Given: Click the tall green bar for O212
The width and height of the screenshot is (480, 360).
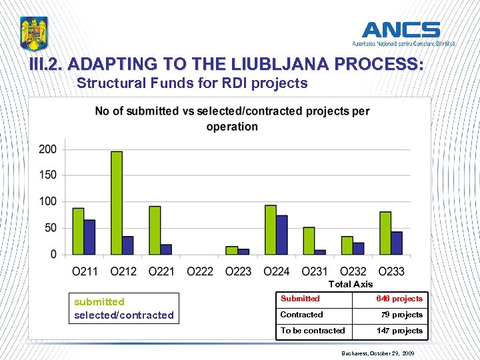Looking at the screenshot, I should (117, 203).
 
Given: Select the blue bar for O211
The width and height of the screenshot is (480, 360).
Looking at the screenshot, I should (89, 237).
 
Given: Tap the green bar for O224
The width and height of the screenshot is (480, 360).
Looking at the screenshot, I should (270, 229).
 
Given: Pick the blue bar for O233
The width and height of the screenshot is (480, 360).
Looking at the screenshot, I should (397, 243).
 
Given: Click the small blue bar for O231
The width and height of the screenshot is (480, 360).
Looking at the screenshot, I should (320, 251).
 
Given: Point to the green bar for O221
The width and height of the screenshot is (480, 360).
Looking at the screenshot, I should (155, 230).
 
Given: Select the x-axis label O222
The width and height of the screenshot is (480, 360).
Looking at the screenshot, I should (200, 271).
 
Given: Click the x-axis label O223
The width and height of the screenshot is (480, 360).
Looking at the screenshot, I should (238, 271).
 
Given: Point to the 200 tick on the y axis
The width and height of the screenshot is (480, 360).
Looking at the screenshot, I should (47, 149).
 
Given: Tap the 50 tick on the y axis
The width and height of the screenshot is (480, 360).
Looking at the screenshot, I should (50, 228).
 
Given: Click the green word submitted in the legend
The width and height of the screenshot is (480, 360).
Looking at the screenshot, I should (99, 302).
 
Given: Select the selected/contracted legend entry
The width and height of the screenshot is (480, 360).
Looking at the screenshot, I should (124, 315).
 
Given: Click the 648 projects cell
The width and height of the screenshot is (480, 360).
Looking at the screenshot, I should (399, 299).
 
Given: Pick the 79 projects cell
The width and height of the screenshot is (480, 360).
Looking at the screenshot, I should (401, 315).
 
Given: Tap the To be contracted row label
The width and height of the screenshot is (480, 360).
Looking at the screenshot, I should (313, 331).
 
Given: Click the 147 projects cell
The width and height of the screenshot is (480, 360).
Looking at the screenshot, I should (399, 331).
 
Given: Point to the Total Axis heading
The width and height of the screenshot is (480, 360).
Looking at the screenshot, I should (350, 284).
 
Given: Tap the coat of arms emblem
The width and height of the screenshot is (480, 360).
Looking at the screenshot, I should (34, 33).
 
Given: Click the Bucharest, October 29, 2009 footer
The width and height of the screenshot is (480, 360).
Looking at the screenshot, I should (377, 351).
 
